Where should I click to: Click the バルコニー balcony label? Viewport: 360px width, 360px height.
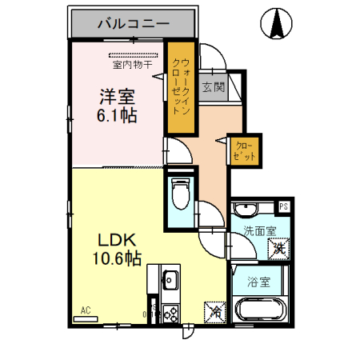133,24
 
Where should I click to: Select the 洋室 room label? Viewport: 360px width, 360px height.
117,97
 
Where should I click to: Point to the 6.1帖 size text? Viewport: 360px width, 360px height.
117,115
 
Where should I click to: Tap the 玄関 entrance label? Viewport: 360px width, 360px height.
214,86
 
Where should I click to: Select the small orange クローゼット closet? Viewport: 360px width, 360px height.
245,150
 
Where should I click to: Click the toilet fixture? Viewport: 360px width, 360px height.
180,191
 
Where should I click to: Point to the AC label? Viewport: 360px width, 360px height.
85,310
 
